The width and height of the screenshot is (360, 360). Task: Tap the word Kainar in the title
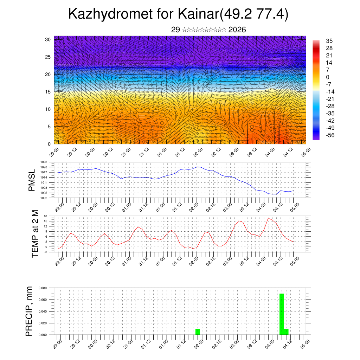(198, 14)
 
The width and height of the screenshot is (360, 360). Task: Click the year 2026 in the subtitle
(237, 30)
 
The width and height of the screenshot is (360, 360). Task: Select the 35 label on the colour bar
(329, 41)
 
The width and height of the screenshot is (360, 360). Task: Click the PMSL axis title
(32, 180)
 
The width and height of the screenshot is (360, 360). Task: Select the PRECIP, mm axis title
(30, 311)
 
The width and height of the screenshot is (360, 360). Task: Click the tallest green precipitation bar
(282, 314)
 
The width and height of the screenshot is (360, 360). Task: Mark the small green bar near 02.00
(198, 332)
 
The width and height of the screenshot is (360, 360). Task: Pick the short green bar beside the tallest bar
(286, 332)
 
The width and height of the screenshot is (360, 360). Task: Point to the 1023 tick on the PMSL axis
(44, 162)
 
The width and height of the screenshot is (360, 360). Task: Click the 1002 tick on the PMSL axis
(44, 198)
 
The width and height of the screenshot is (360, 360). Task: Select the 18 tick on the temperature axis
(46, 216)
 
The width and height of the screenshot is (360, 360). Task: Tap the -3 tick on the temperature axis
(46, 252)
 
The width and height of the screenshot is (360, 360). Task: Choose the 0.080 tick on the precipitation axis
(43, 288)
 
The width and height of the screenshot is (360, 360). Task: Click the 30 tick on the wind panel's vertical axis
(48, 39)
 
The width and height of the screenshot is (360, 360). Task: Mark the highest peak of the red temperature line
(268, 218)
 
